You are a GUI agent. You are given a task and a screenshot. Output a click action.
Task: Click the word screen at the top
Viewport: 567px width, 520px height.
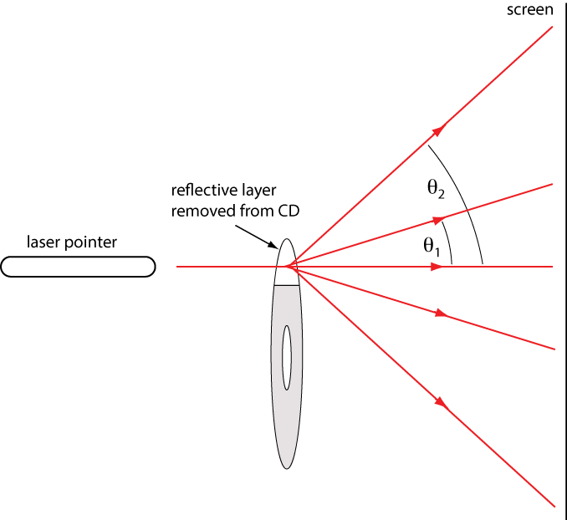coord(531,10)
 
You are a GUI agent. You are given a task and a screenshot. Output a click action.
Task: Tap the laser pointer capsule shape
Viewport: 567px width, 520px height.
coord(78,267)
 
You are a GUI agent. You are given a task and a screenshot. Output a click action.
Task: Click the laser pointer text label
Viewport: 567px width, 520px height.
coord(72,242)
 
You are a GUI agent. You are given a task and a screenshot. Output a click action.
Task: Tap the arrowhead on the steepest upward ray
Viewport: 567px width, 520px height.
coord(438,129)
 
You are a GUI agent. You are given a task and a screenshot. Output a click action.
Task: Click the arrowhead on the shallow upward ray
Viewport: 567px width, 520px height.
coord(437,220)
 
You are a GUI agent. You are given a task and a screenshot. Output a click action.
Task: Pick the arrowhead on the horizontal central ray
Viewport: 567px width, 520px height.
coord(437,267)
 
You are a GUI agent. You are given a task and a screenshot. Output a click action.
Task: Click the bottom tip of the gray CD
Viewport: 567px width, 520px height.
coord(287,468)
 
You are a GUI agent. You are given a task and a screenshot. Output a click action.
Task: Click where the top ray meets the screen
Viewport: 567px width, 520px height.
coord(554,28)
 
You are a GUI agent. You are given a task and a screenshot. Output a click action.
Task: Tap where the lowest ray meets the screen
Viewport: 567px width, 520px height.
coord(554,505)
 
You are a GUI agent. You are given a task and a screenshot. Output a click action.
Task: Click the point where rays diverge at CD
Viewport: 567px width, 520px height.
coord(288,267)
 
